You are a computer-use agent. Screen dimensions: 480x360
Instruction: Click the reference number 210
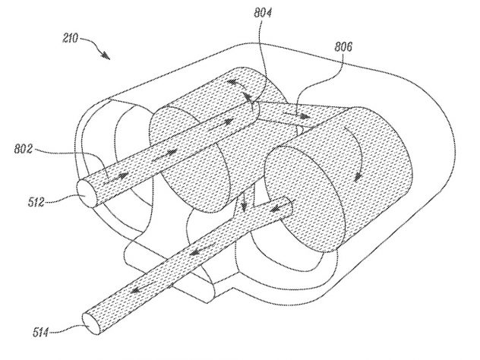[71, 39]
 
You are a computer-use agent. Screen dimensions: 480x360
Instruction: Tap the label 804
[263, 13]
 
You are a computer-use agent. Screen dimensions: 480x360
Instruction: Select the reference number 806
[343, 47]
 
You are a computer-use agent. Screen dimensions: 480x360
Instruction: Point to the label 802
[24, 149]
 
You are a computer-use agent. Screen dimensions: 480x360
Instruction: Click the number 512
[36, 202]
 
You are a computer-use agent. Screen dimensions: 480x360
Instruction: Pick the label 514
[41, 332]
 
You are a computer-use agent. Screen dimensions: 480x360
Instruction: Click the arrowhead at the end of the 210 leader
[106, 55]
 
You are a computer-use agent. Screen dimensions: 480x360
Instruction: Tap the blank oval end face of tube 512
[87, 194]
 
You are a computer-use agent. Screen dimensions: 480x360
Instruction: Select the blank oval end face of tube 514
[92, 324]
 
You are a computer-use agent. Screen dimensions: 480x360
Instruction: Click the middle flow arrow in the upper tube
[164, 154]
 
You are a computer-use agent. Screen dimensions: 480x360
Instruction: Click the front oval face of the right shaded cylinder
[305, 199]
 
